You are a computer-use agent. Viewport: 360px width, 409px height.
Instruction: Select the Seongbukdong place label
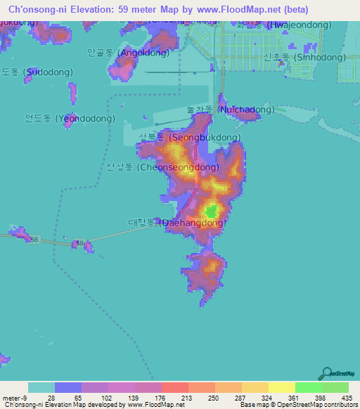point(190,138)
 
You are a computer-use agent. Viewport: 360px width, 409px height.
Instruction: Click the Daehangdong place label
point(176,223)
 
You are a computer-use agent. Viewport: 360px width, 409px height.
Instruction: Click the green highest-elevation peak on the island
point(211,210)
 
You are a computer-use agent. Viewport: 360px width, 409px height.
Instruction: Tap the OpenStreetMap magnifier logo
point(326,374)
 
